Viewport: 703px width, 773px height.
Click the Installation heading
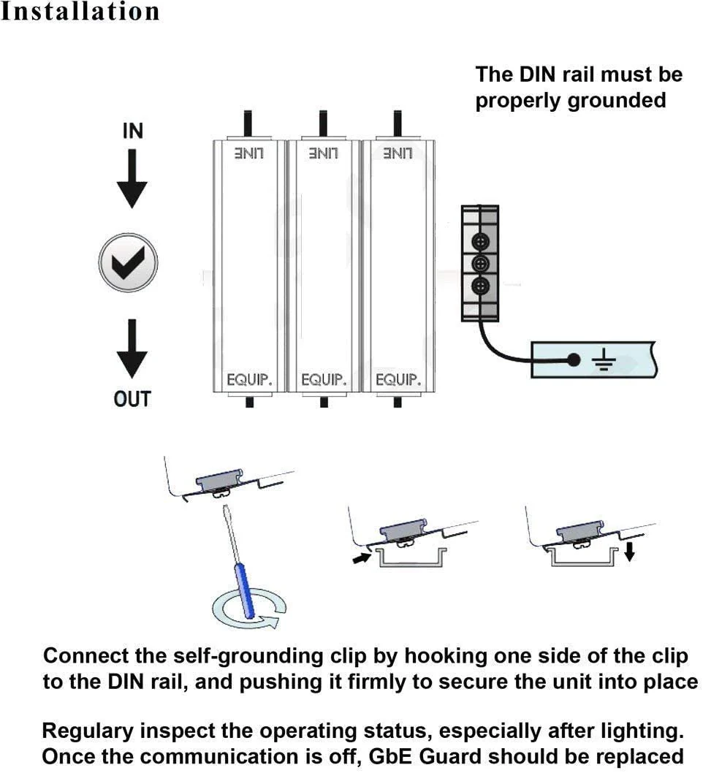[80, 12]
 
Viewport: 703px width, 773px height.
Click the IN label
[133, 132]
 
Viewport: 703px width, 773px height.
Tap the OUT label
[132, 399]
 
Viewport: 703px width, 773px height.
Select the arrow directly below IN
[132, 180]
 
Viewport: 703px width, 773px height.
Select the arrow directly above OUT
[132, 349]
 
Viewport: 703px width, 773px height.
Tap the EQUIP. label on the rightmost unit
[398, 380]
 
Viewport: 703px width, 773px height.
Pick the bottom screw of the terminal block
[480, 286]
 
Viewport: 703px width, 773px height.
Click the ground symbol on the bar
[603, 359]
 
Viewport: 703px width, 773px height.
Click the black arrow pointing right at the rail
[360, 560]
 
